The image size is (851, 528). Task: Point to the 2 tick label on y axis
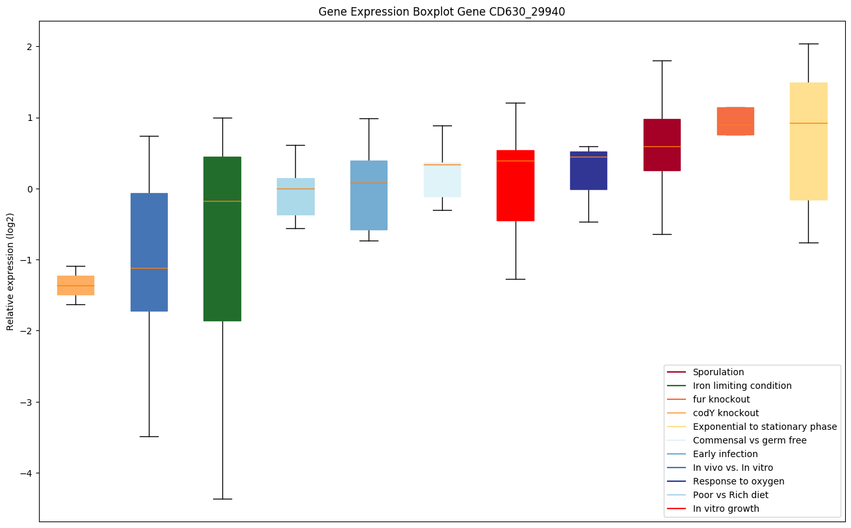(x=30, y=47)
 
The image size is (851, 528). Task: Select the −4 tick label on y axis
(x=27, y=473)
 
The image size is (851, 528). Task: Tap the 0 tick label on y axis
(x=30, y=189)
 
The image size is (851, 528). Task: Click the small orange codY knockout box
(x=75, y=285)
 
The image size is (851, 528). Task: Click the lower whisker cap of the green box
(x=222, y=499)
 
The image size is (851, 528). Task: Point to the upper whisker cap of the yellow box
(x=808, y=44)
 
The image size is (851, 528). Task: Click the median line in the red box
(x=516, y=161)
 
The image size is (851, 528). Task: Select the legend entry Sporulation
(x=718, y=372)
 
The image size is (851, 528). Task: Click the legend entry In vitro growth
(x=726, y=508)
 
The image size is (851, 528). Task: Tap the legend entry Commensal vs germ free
(x=749, y=440)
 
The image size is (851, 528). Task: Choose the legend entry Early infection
(x=725, y=454)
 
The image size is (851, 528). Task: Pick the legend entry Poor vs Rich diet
(x=730, y=495)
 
